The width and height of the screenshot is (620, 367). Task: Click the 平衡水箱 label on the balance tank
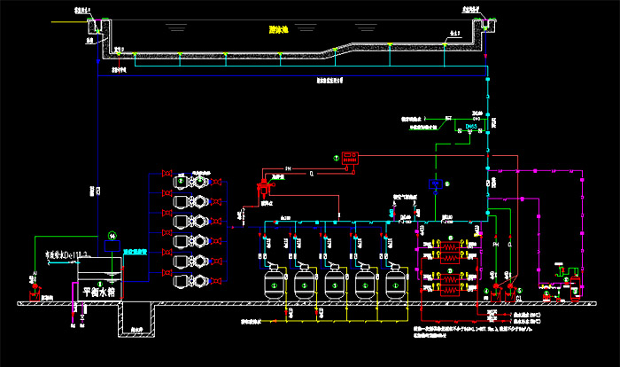(99, 290)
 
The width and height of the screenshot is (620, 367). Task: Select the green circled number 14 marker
(112, 235)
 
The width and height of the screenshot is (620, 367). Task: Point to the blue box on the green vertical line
(435, 183)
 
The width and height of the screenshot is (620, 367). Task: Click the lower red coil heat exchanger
(449, 282)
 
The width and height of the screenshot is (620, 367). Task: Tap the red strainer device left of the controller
(261, 189)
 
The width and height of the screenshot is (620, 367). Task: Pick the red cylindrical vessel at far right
(576, 286)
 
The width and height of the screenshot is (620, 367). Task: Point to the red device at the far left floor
(35, 289)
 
